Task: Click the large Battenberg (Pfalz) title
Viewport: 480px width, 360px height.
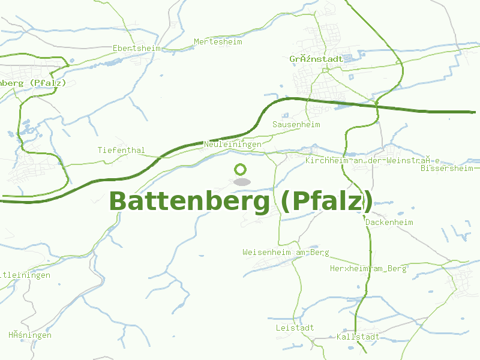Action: pos(241,202)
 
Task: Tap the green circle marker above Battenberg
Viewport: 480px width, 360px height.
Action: pos(241,170)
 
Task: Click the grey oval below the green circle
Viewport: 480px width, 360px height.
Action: pos(241,182)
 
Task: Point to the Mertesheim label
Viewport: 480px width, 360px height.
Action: pos(218,42)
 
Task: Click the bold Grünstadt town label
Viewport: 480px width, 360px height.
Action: pos(316,59)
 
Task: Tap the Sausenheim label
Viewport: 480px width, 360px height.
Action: pos(296,124)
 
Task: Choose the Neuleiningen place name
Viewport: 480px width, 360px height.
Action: pos(233,145)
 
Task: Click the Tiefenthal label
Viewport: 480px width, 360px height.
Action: pos(121,150)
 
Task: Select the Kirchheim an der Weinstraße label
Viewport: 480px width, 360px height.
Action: pos(373,161)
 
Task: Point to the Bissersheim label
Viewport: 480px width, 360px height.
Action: pos(447,169)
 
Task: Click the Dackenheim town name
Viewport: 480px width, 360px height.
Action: pos(389,222)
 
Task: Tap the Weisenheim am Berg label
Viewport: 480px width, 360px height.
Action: pos(286,253)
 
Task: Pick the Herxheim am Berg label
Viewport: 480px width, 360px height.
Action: pos(368,268)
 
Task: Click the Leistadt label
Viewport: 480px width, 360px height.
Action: pos(295,328)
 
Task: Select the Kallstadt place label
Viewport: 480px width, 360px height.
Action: pos(358,337)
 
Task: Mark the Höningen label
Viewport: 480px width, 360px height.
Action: pos(30,335)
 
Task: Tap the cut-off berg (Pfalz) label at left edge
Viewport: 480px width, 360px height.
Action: pos(32,83)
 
